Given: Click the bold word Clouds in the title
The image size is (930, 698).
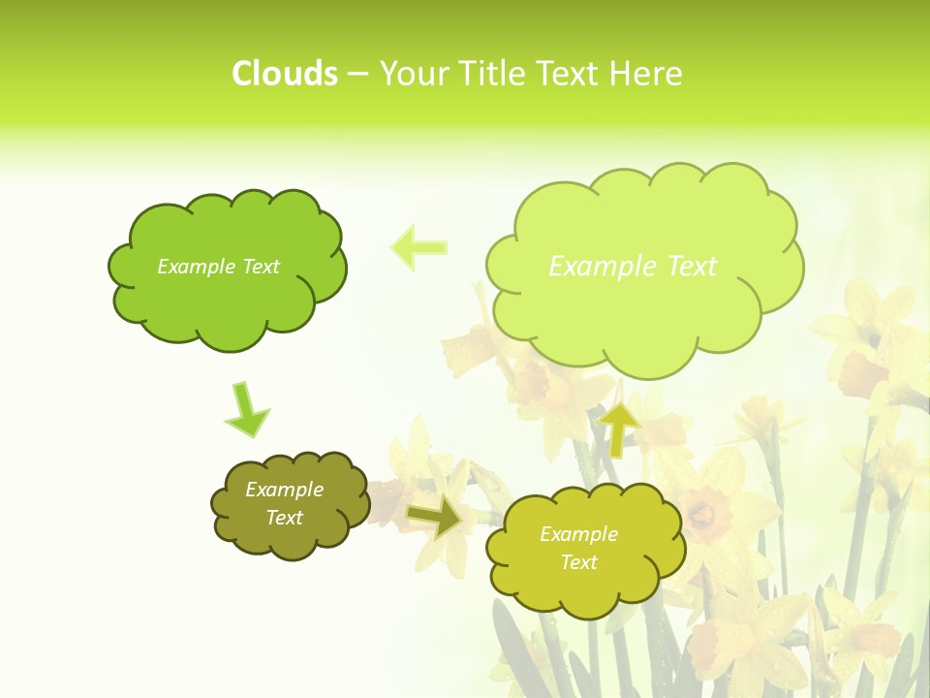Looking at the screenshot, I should tap(284, 74).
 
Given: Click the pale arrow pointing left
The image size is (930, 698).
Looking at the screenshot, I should tap(418, 247).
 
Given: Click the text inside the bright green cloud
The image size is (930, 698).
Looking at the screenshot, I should tap(218, 267).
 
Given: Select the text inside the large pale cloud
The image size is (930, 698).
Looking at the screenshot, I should tap(633, 267).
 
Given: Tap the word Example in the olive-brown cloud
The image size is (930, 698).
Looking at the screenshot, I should tap(284, 490).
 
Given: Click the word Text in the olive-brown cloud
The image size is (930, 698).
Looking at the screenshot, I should tap(284, 518).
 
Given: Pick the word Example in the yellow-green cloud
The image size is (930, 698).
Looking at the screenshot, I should tap(578, 534).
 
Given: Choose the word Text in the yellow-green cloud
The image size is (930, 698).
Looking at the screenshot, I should tap(578, 562).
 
